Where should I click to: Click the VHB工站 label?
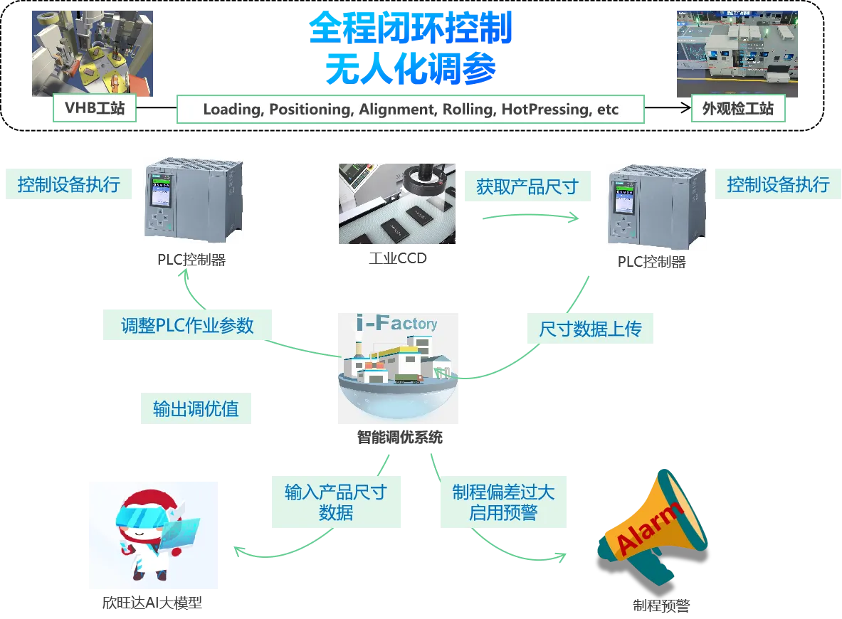point(95,110)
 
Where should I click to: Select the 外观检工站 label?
point(737,110)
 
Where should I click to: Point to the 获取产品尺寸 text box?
point(527,188)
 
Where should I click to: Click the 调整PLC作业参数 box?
point(187,326)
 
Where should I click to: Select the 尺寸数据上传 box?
point(590,329)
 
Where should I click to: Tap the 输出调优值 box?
point(196,409)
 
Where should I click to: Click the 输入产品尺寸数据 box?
point(335,502)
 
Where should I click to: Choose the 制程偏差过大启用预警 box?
point(503,502)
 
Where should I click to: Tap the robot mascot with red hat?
point(153,535)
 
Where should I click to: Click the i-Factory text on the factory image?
point(396,324)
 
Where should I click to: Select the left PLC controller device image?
point(194,199)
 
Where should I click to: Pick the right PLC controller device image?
point(656,206)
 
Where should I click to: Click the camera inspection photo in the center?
point(396,202)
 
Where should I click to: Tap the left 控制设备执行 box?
point(68,185)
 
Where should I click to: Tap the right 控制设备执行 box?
point(778,185)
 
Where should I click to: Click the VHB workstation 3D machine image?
point(90,51)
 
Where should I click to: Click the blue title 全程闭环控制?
point(410,28)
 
